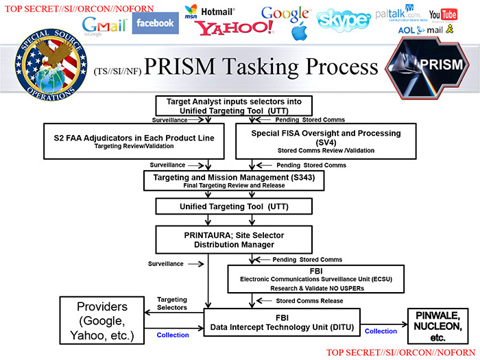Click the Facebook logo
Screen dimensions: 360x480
[x=155, y=23]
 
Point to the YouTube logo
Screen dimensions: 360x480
[x=443, y=15]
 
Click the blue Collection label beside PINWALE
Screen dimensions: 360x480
[x=381, y=331]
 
